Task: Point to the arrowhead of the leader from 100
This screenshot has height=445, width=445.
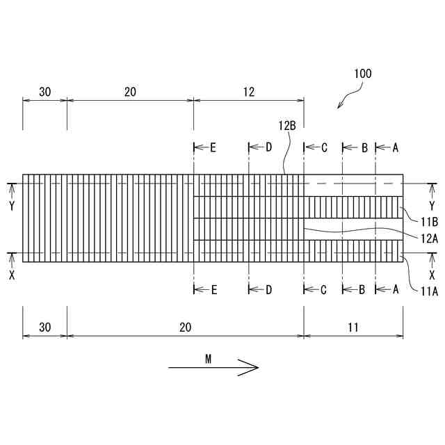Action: (339, 107)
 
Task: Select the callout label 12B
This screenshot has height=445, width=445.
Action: (287, 126)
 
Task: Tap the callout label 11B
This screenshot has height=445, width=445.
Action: (428, 222)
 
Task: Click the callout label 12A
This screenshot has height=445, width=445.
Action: (428, 238)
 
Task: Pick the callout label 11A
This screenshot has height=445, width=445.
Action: (428, 291)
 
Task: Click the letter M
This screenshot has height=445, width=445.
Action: (209, 359)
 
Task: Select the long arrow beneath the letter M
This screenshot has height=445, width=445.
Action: (213, 369)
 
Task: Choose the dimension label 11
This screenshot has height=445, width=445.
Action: (353, 327)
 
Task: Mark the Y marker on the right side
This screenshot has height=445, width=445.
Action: (432, 206)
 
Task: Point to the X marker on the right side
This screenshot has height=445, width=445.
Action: (432, 274)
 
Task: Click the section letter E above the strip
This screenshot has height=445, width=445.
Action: (213, 147)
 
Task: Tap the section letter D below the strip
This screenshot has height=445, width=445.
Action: (268, 290)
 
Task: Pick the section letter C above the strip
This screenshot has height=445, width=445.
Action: (324, 147)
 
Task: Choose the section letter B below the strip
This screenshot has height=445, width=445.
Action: (363, 290)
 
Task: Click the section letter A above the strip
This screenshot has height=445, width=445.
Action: (396, 147)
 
